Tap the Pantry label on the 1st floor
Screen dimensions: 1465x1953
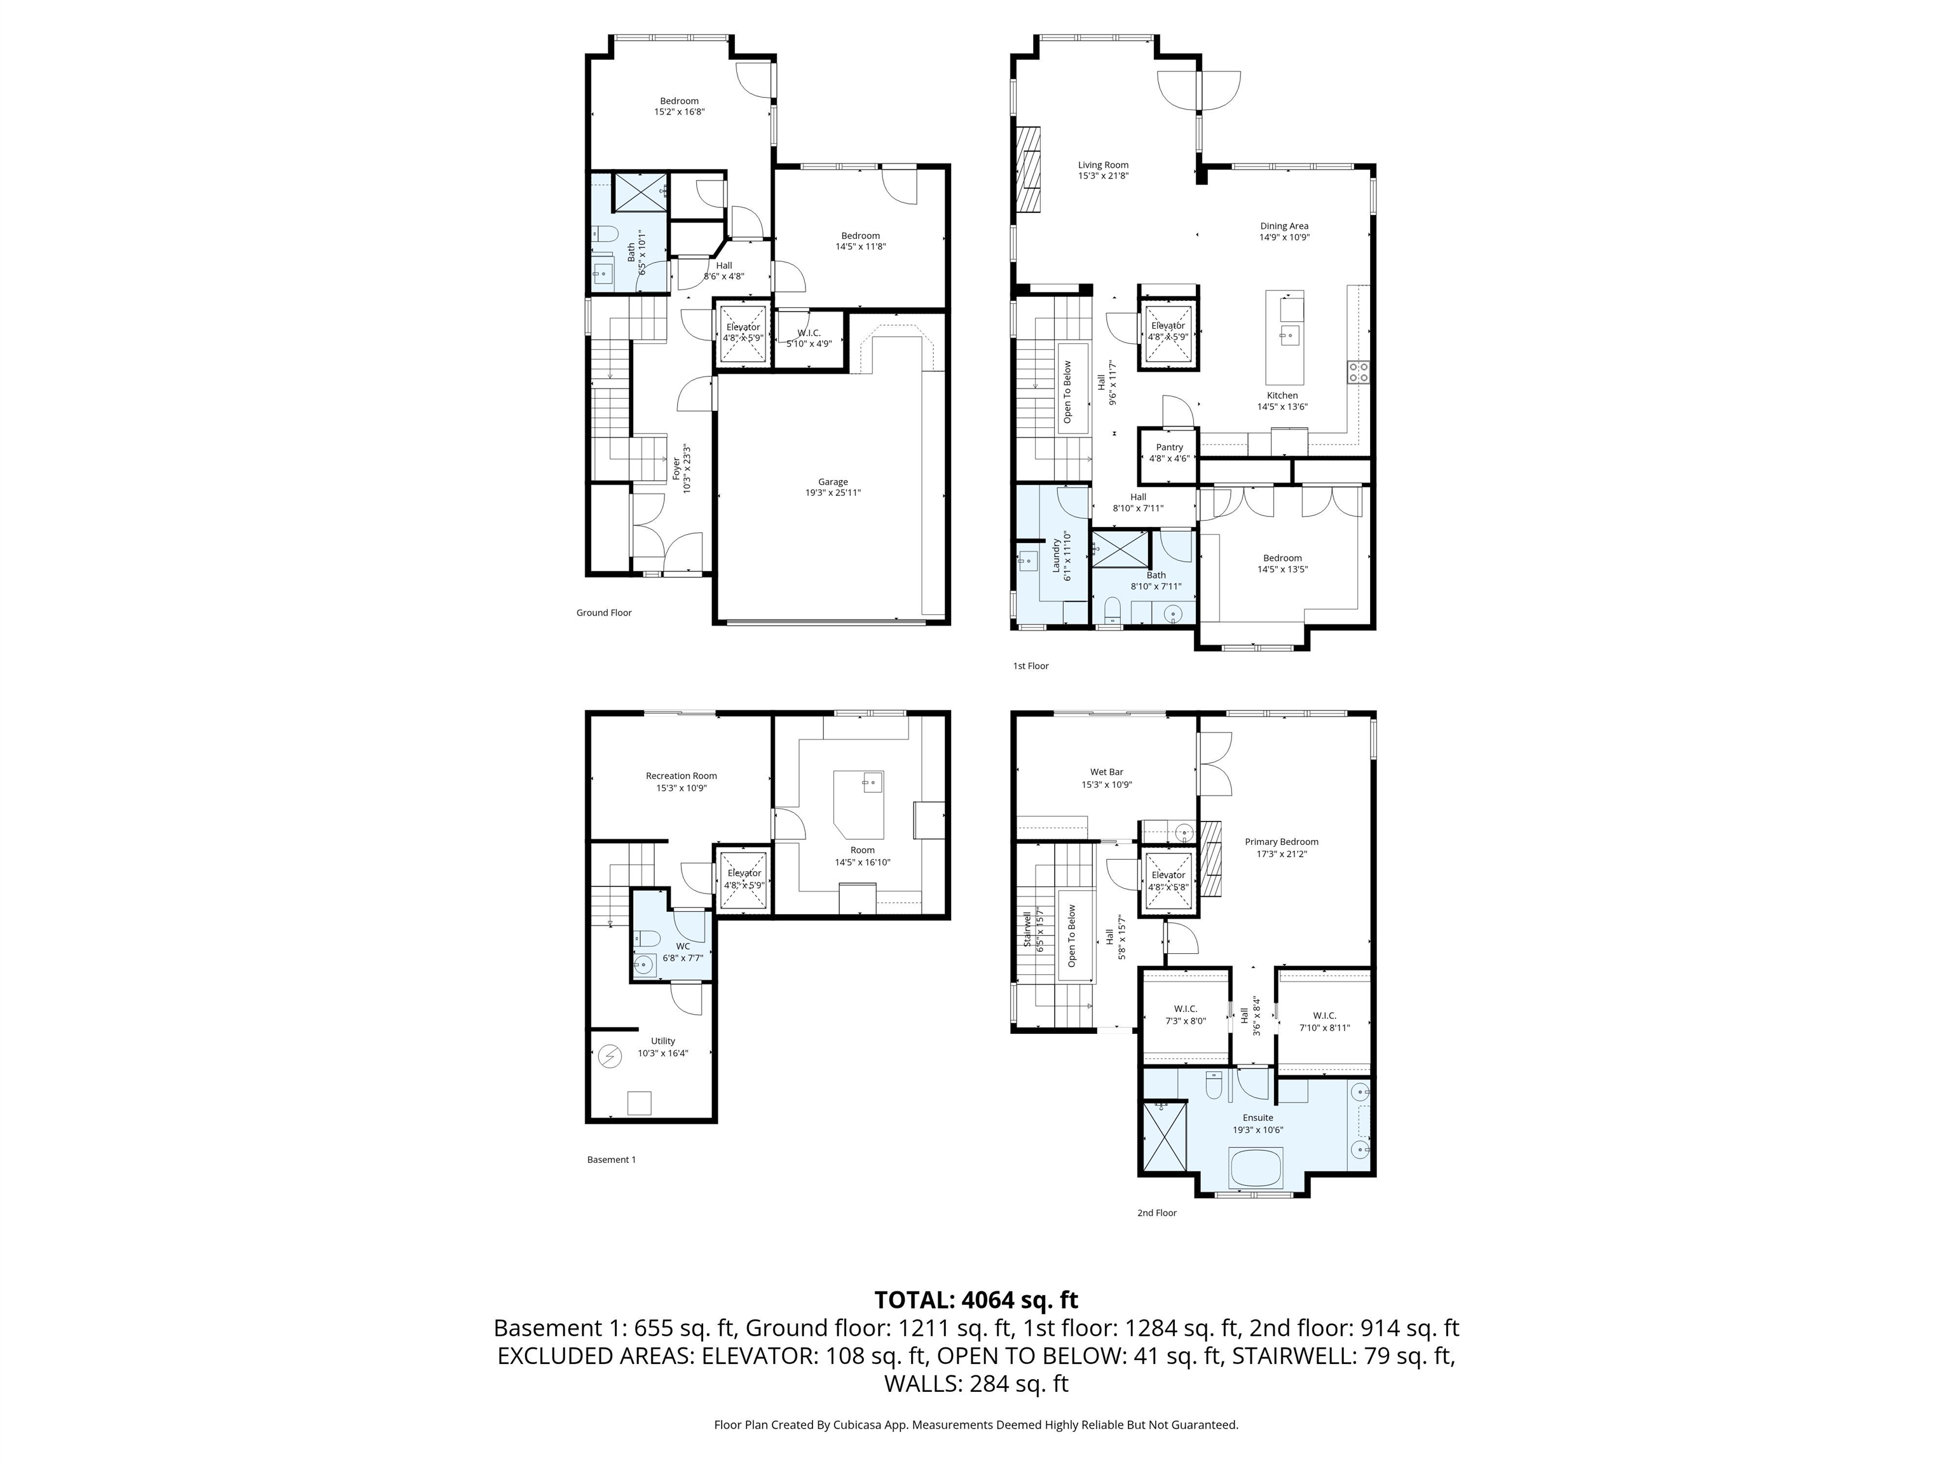[x=1169, y=447]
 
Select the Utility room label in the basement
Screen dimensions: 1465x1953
[x=662, y=1041]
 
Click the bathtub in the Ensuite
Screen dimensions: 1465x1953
[x=1257, y=1167]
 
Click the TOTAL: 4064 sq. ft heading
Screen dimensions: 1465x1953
[x=976, y=1300]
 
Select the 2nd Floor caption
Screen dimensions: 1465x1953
[x=1156, y=1213]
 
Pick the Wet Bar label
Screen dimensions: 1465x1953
[x=1106, y=772]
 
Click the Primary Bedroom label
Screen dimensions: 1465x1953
[x=1281, y=842]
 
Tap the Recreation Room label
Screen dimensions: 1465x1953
[x=681, y=776]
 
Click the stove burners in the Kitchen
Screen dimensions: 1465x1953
[x=1357, y=372]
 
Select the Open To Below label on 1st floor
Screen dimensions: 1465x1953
[x=1067, y=391]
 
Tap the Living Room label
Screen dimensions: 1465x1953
[x=1103, y=165]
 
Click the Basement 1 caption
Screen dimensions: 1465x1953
[x=611, y=1159]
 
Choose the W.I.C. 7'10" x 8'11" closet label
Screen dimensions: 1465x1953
[x=1324, y=1015]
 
